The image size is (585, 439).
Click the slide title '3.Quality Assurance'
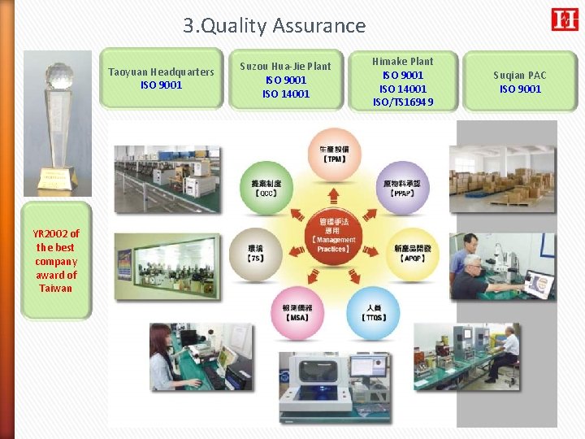pos(274,26)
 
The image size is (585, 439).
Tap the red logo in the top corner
pos(564,20)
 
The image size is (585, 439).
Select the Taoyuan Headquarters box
pos(161,78)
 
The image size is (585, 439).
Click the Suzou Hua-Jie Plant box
pos(285,80)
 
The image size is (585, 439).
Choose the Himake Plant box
pos(402,81)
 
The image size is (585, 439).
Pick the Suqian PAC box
pos(520,81)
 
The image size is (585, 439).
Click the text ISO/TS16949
pos(402,102)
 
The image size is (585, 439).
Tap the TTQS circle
pos(374,312)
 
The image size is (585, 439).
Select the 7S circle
pos(254,251)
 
